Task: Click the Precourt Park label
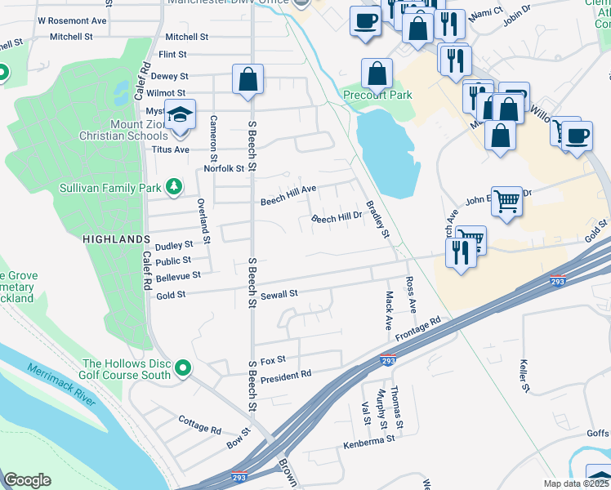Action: coord(377,95)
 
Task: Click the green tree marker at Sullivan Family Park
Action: coord(173,188)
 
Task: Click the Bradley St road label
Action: coord(379,220)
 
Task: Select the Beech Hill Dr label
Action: coord(337,218)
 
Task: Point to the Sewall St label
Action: coord(279,293)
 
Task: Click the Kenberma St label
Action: coord(369,439)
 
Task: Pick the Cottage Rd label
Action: coord(199,424)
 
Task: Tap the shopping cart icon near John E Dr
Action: coord(507,200)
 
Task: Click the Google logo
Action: coord(27,480)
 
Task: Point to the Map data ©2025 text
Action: coord(577,483)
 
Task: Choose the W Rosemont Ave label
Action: coord(72,20)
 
